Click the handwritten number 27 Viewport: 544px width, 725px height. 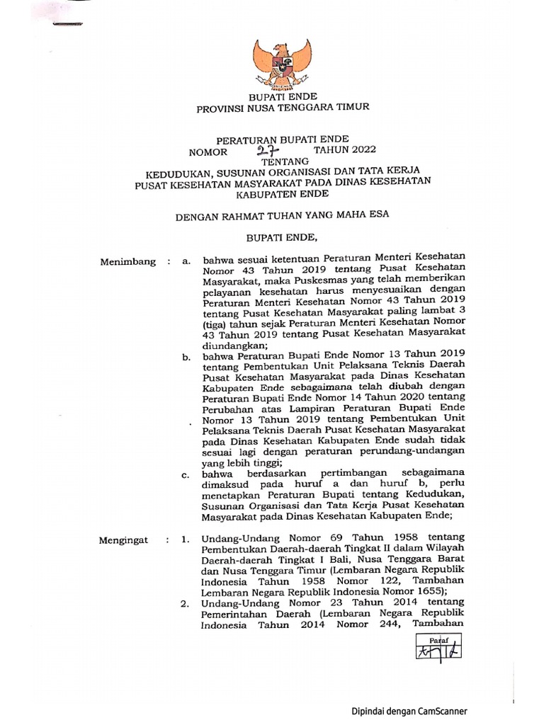tap(270, 150)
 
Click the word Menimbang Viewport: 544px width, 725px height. tap(127, 262)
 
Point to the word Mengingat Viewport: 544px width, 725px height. tap(125, 540)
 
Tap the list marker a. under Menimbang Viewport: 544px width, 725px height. tap(186, 262)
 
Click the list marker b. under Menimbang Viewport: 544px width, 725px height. tap(187, 358)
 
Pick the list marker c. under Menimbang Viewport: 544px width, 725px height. tap(186, 474)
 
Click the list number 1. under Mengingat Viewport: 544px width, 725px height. tap(185, 540)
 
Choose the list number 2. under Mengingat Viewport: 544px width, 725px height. tap(185, 604)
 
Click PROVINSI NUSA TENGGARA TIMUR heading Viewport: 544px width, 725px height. tap(282, 107)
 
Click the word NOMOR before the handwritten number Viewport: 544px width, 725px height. tap(208, 152)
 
